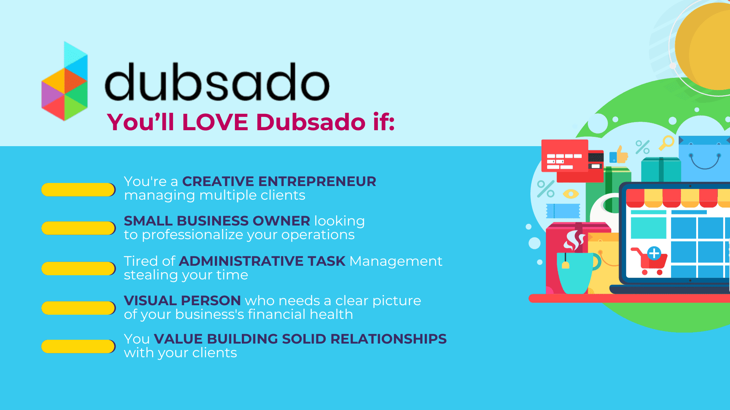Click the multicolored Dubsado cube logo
(x=65, y=81)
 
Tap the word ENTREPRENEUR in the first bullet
(x=317, y=181)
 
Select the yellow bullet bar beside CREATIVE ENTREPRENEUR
(x=78, y=190)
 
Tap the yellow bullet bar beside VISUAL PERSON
(x=78, y=308)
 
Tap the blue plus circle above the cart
(x=654, y=253)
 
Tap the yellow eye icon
(x=571, y=194)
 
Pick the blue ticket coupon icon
(x=563, y=211)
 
